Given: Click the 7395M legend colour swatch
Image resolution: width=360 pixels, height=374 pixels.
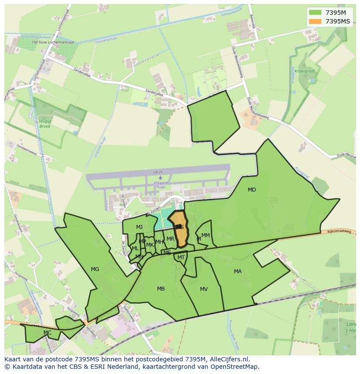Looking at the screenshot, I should coord(315,12).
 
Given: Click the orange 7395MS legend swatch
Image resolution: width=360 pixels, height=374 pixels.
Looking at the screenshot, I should coord(315,21).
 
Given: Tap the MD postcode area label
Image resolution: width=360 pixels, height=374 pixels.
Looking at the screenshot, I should coord(252,190).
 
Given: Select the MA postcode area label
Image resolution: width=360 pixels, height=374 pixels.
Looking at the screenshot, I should coord(238,271).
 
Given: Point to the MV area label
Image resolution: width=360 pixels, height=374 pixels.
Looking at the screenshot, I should coord(204,289).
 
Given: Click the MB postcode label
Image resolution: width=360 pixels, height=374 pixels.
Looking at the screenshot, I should coord(161,289).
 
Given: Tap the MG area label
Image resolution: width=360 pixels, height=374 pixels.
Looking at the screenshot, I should coord(95,269).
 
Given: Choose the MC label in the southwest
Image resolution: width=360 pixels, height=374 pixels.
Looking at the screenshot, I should coord(47,333).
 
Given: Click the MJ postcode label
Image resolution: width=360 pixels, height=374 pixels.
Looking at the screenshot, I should coord(139,227).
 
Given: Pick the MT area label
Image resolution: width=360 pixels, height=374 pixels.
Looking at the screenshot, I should coord(181,258).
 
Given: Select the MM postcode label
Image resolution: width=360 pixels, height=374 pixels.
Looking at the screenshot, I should coord(206,235).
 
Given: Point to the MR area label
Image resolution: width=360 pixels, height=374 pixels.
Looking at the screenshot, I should coord(170,239).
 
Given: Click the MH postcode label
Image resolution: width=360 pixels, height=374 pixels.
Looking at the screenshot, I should coord(160,242).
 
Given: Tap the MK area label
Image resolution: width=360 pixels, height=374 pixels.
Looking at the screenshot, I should coord(150,245).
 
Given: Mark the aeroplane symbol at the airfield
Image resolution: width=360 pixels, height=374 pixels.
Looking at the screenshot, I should coord(160,177).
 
